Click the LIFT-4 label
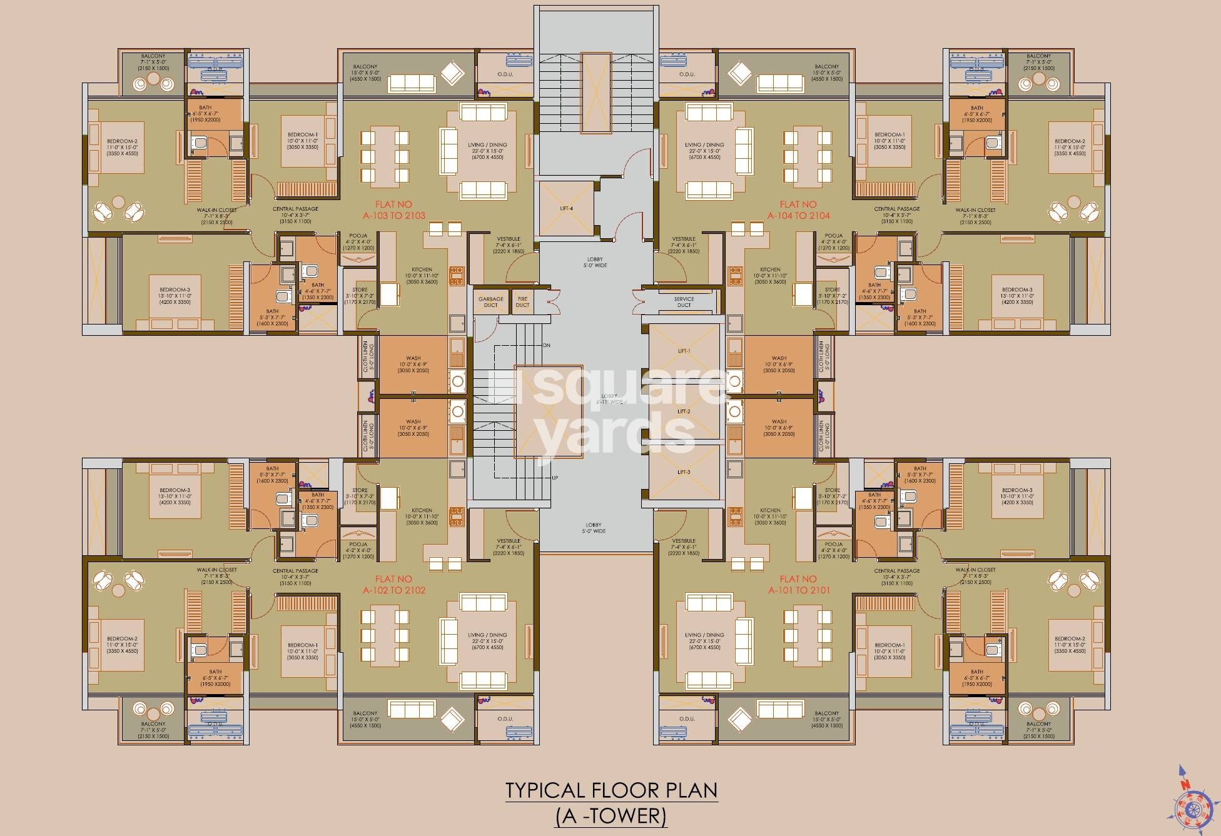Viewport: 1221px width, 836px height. coord(566,208)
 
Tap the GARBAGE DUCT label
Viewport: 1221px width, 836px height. coord(491,302)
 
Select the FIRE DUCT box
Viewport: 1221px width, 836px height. coord(522,302)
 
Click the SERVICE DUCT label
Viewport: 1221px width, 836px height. coord(684,302)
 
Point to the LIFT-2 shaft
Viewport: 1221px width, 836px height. coord(684,411)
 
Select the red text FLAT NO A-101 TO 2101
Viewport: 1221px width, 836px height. coord(799,585)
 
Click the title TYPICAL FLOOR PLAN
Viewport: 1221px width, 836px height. coord(611,790)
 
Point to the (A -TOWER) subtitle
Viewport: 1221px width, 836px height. coord(611,816)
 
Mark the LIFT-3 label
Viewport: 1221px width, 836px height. coord(684,472)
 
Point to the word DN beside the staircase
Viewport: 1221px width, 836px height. coord(546,345)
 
